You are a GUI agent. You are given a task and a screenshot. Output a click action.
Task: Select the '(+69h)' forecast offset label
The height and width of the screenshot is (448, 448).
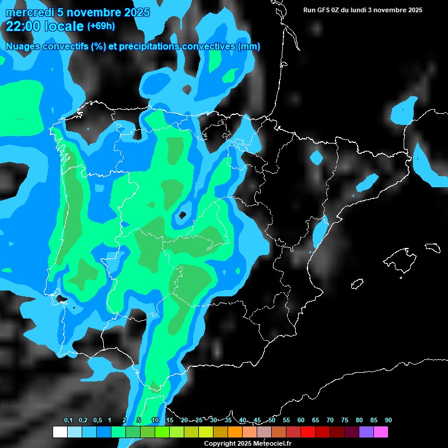pos(101,26)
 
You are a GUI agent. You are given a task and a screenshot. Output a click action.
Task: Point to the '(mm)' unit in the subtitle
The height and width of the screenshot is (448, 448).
pos(249,47)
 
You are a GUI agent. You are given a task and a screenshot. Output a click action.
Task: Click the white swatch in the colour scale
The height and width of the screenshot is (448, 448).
pos(60,432)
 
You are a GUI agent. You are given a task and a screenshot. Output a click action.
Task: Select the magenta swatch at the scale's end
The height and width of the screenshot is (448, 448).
pos(381,432)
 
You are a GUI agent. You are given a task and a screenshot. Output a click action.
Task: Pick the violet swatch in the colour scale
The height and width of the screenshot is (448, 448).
pos(366,432)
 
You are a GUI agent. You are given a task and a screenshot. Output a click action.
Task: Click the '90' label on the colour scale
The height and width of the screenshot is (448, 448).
pos(388,421)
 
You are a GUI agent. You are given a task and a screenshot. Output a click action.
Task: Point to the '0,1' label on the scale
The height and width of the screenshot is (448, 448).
pos(68,421)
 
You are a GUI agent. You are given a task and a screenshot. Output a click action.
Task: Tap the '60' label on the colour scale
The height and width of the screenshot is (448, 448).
pos(301,421)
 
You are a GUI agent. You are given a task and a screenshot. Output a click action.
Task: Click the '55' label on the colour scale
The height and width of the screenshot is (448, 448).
pos(286,421)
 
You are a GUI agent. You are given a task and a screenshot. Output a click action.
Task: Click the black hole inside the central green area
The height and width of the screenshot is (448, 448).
pos(183,215)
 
